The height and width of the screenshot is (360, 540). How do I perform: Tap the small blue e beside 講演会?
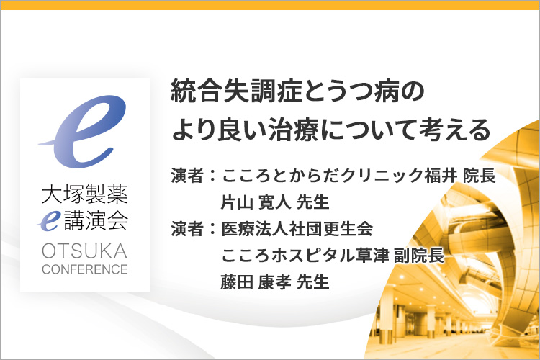49,220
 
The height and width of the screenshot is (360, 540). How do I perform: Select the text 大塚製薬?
85,194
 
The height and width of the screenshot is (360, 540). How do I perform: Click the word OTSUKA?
85,251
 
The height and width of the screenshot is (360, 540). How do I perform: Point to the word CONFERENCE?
85,269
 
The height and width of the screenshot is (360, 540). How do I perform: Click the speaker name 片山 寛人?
256,202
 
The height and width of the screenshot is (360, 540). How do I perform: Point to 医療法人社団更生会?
297,229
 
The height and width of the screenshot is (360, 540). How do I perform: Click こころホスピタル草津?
305,256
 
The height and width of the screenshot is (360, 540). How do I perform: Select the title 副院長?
419,256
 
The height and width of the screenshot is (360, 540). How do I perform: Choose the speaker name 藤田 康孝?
256,282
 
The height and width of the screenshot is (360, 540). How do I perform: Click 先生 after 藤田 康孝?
312,282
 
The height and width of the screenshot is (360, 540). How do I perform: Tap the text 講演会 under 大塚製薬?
96,220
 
